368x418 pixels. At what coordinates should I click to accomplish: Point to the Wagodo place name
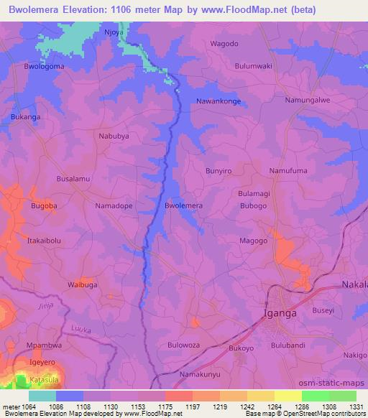[223, 43]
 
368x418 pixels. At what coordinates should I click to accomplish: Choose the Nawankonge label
[218, 101]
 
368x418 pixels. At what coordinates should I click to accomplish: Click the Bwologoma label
[45, 67]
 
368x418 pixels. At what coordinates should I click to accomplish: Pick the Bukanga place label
[26, 116]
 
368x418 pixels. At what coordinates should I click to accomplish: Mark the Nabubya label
[114, 135]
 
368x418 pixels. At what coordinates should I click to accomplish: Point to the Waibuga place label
[82, 284]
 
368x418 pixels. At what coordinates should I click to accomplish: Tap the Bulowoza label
[183, 345]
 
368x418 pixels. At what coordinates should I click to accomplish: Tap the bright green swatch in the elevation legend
[316, 396]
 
